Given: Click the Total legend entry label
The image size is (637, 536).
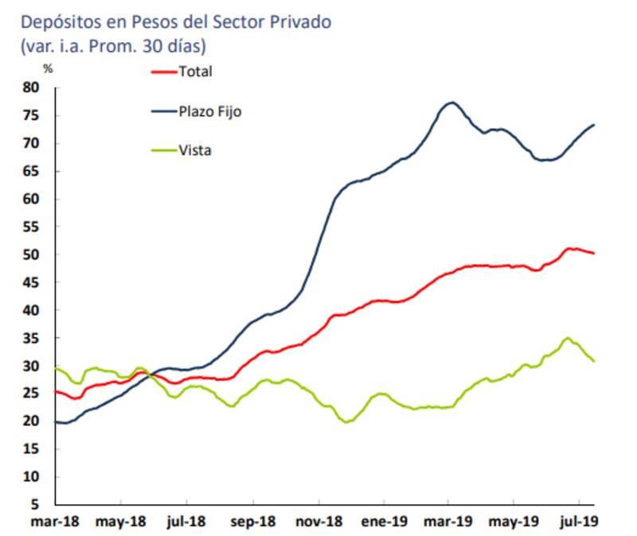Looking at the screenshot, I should [196, 72].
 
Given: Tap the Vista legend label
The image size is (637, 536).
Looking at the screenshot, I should [195, 150].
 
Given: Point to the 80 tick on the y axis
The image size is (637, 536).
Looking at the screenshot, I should [30, 88].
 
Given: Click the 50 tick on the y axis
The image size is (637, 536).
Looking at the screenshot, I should [30, 255].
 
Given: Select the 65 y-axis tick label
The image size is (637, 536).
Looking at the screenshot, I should [30, 172].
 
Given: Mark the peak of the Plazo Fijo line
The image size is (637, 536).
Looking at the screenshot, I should [451, 103].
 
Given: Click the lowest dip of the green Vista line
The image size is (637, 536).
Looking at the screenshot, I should [347, 421].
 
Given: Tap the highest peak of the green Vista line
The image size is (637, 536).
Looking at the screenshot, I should [567, 338].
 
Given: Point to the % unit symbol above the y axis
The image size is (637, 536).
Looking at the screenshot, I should [48, 69].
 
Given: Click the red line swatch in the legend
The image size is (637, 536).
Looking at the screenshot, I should [164, 72].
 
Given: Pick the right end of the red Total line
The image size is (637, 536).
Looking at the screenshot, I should [594, 253].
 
